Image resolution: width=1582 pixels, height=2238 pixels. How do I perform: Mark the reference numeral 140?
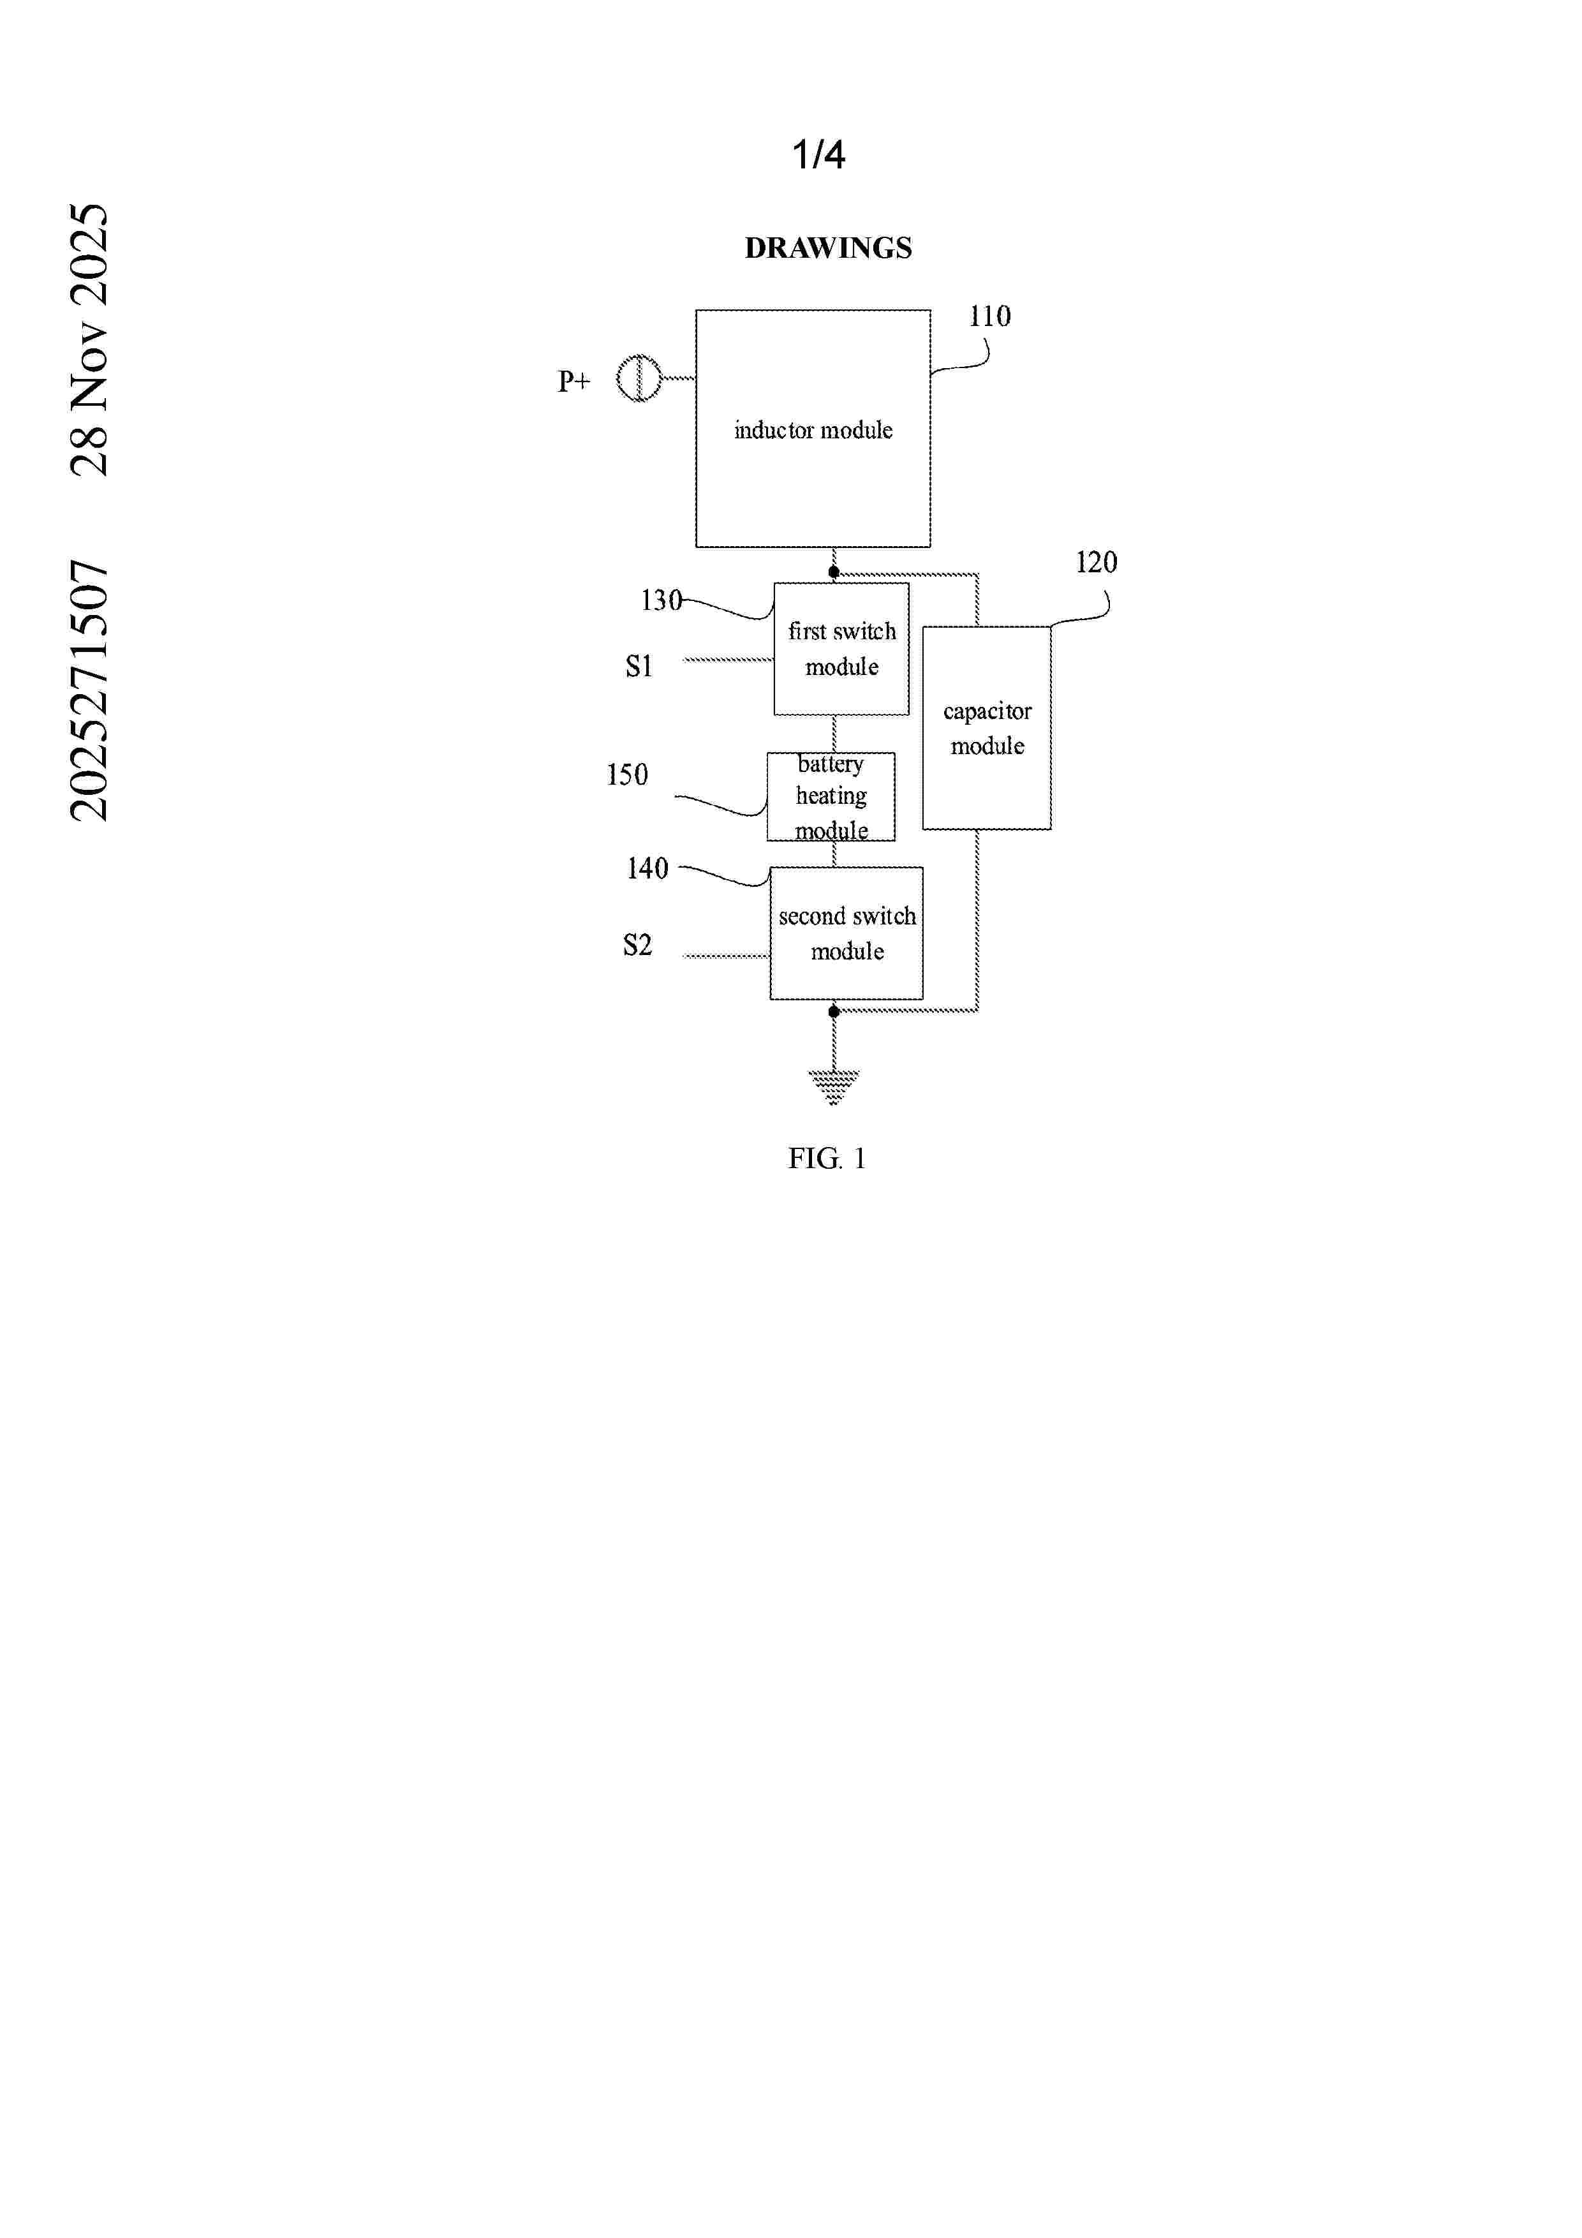pyautogui.click(x=647, y=868)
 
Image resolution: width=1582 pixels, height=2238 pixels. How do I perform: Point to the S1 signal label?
pyautogui.click(x=639, y=666)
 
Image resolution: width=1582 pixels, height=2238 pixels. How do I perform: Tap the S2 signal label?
pyautogui.click(x=637, y=945)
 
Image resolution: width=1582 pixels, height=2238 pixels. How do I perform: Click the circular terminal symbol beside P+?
pyautogui.click(x=639, y=378)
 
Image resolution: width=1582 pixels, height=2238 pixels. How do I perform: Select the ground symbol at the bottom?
pyautogui.click(x=834, y=1087)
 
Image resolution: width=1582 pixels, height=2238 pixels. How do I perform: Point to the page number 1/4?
pyautogui.click(x=819, y=154)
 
